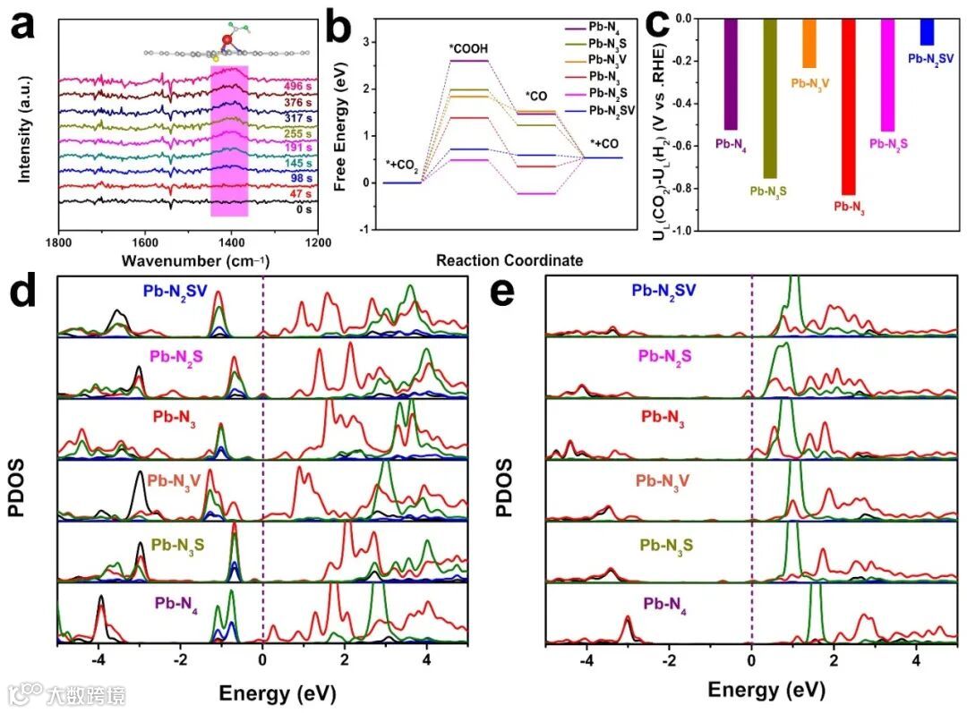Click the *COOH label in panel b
tap(469, 47)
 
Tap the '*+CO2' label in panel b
tap(403, 165)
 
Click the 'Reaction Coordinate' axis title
tap(509, 261)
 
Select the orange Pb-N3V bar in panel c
tap(809, 43)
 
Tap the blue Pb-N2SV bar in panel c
tap(927, 32)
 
